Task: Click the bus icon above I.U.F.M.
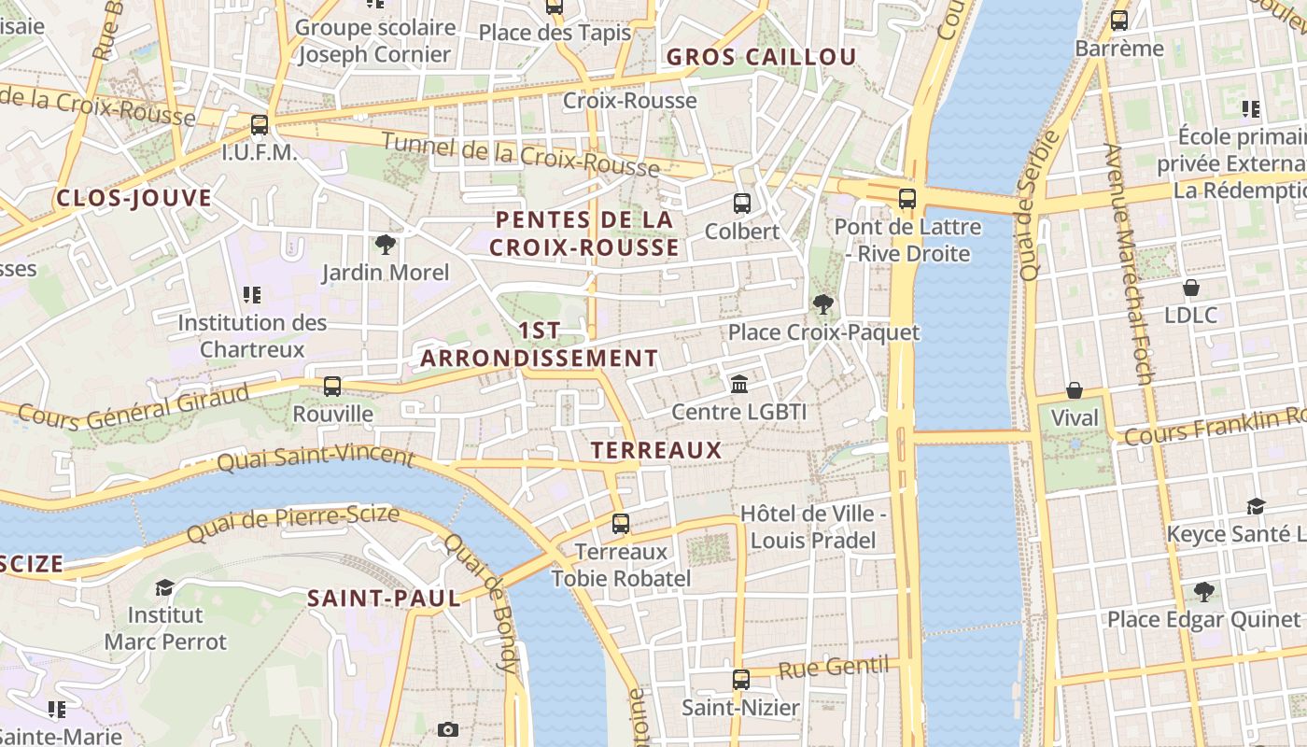pyautogui.click(x=260, y=124)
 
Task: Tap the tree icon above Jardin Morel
pyautogui.click(x=385, y=245)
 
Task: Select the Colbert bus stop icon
pyautogui.click(x=742, y=203)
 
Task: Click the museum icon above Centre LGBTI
pyautogui.click(x=739, y=384)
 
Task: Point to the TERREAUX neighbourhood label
pyautogui.click(x=657, y=450)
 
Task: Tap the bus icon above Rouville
pyautogui.click(x=332, y=386)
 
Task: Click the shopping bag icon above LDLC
pyautogui.click(x=1190, y=287)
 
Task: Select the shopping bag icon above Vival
pyautogui.click(x=1075, y=389)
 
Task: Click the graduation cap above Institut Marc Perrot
pyautogui.click(x=165, y=587)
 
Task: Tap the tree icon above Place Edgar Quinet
pyautogui.click(x=1203, y=591)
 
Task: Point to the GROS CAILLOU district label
pyautogui.click(x=761, y=57)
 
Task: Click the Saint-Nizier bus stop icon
pyautogui.click(x=741, y=679)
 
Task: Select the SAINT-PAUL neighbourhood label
pyautogui.click(x=385, y=599)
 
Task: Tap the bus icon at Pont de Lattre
pyautogui.click(x=907, y=198)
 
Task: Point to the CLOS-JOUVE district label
pyautogui.click(x=134, y=198)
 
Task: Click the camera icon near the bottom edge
pyautogui.click(x=448, y=729)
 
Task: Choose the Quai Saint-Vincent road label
pyautogui.click(x=316, y=458)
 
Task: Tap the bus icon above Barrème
pyautogui.click(x=1119, y=20)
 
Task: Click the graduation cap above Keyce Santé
pyautogui.click(x=1256, y=506)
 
